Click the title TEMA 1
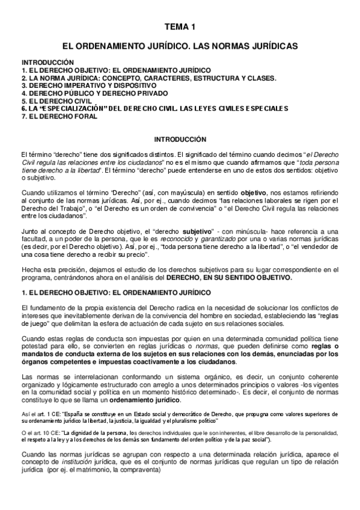point(180,26)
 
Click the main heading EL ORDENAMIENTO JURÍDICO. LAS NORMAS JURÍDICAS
point(180,46)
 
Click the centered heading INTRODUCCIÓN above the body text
point(180,139)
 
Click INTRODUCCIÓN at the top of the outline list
point(47,62)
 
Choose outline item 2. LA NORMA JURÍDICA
point(148,78)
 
